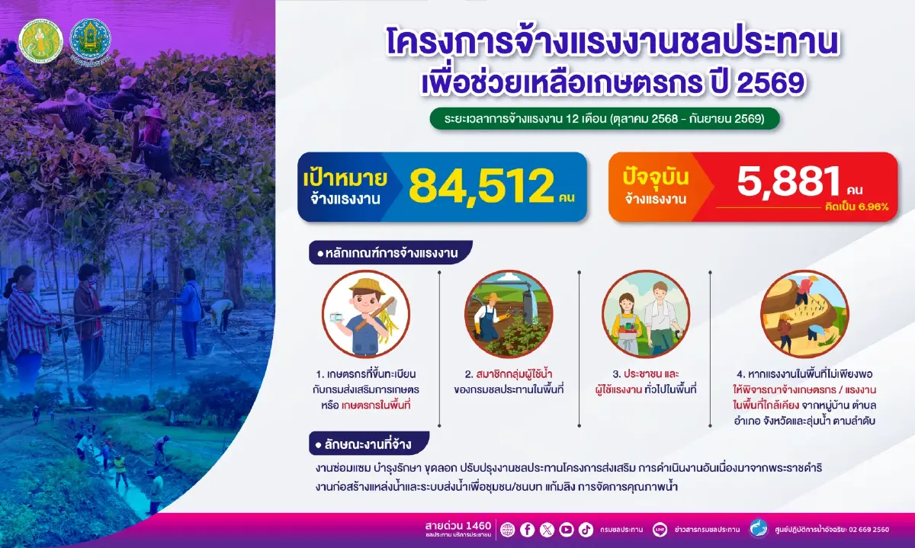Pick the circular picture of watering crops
coord(508,314)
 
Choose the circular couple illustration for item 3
coord(646,314)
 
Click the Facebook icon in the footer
coord(527,530)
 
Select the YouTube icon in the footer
coord(566,530)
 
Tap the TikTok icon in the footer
coord(586,530)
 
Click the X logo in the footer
coord(547,530)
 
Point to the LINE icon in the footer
coord(660,530)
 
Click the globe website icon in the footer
coord(508,530)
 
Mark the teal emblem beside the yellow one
coord(90,40)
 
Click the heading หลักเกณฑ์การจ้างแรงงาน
coord(390,252)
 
